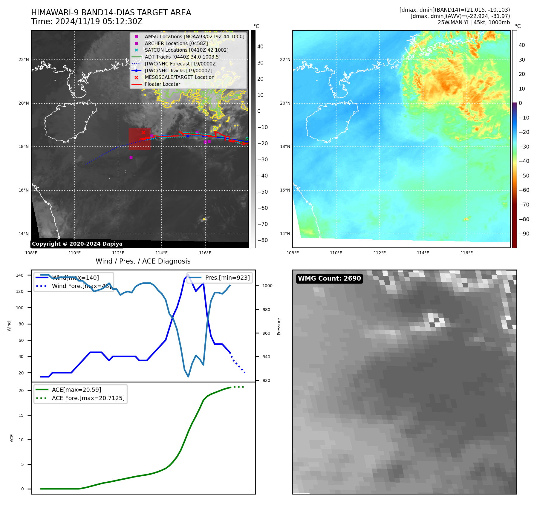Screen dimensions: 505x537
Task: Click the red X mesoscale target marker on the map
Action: (143, 132)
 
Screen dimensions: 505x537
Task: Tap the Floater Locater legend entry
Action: (162, 84)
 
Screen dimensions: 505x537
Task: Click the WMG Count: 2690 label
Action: (329, 278)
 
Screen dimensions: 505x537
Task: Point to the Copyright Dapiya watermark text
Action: (77, 244)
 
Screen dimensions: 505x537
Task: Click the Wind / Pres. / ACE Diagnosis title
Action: (143, 261)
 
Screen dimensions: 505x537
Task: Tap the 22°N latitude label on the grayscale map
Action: (24, 59)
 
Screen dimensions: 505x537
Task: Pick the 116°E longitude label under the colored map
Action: (466, 253)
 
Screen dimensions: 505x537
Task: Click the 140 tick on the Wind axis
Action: (20, 275)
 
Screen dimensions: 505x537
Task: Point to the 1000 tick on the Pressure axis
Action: (267, 286)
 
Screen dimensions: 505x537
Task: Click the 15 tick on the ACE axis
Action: (21, 415)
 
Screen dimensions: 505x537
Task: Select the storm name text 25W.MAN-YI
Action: (451, 22)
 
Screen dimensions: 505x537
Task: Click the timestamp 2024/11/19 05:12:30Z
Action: (99, 22)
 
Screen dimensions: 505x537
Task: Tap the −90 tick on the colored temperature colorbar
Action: (524, 234)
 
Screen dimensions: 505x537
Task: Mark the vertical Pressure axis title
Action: (279, 326)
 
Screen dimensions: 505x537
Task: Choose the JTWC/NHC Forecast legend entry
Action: (181, 64)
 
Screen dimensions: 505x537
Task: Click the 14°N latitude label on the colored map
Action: (285, 234)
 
